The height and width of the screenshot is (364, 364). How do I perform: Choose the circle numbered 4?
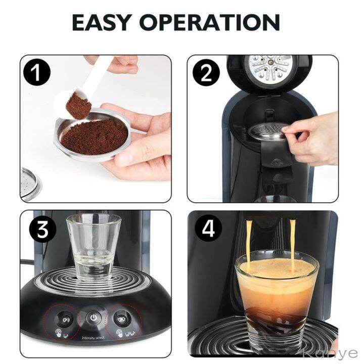(x=208, y=230)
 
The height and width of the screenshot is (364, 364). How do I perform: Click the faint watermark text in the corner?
(x=336, y=353)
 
